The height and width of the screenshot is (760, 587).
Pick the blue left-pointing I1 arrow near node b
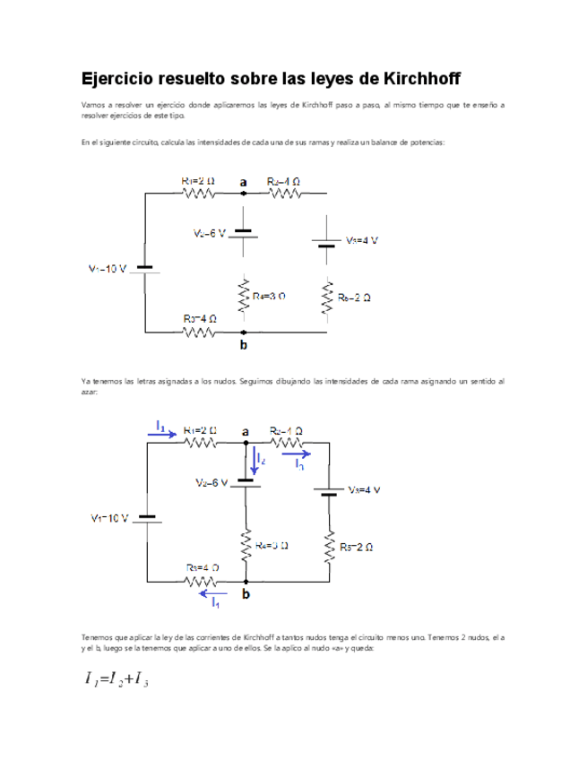point(213,592)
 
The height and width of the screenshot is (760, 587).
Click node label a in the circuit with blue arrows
point(246,432)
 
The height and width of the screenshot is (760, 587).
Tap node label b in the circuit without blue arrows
point(244,345)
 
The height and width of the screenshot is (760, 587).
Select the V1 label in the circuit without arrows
point(107,269)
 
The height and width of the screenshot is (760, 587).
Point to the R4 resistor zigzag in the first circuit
point(243,294)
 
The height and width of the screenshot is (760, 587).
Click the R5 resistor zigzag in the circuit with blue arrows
point(330,546)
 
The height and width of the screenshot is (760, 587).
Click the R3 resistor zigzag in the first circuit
point(199,332)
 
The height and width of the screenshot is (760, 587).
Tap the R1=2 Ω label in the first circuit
point(198,180)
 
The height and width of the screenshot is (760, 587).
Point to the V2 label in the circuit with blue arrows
point(212,482)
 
